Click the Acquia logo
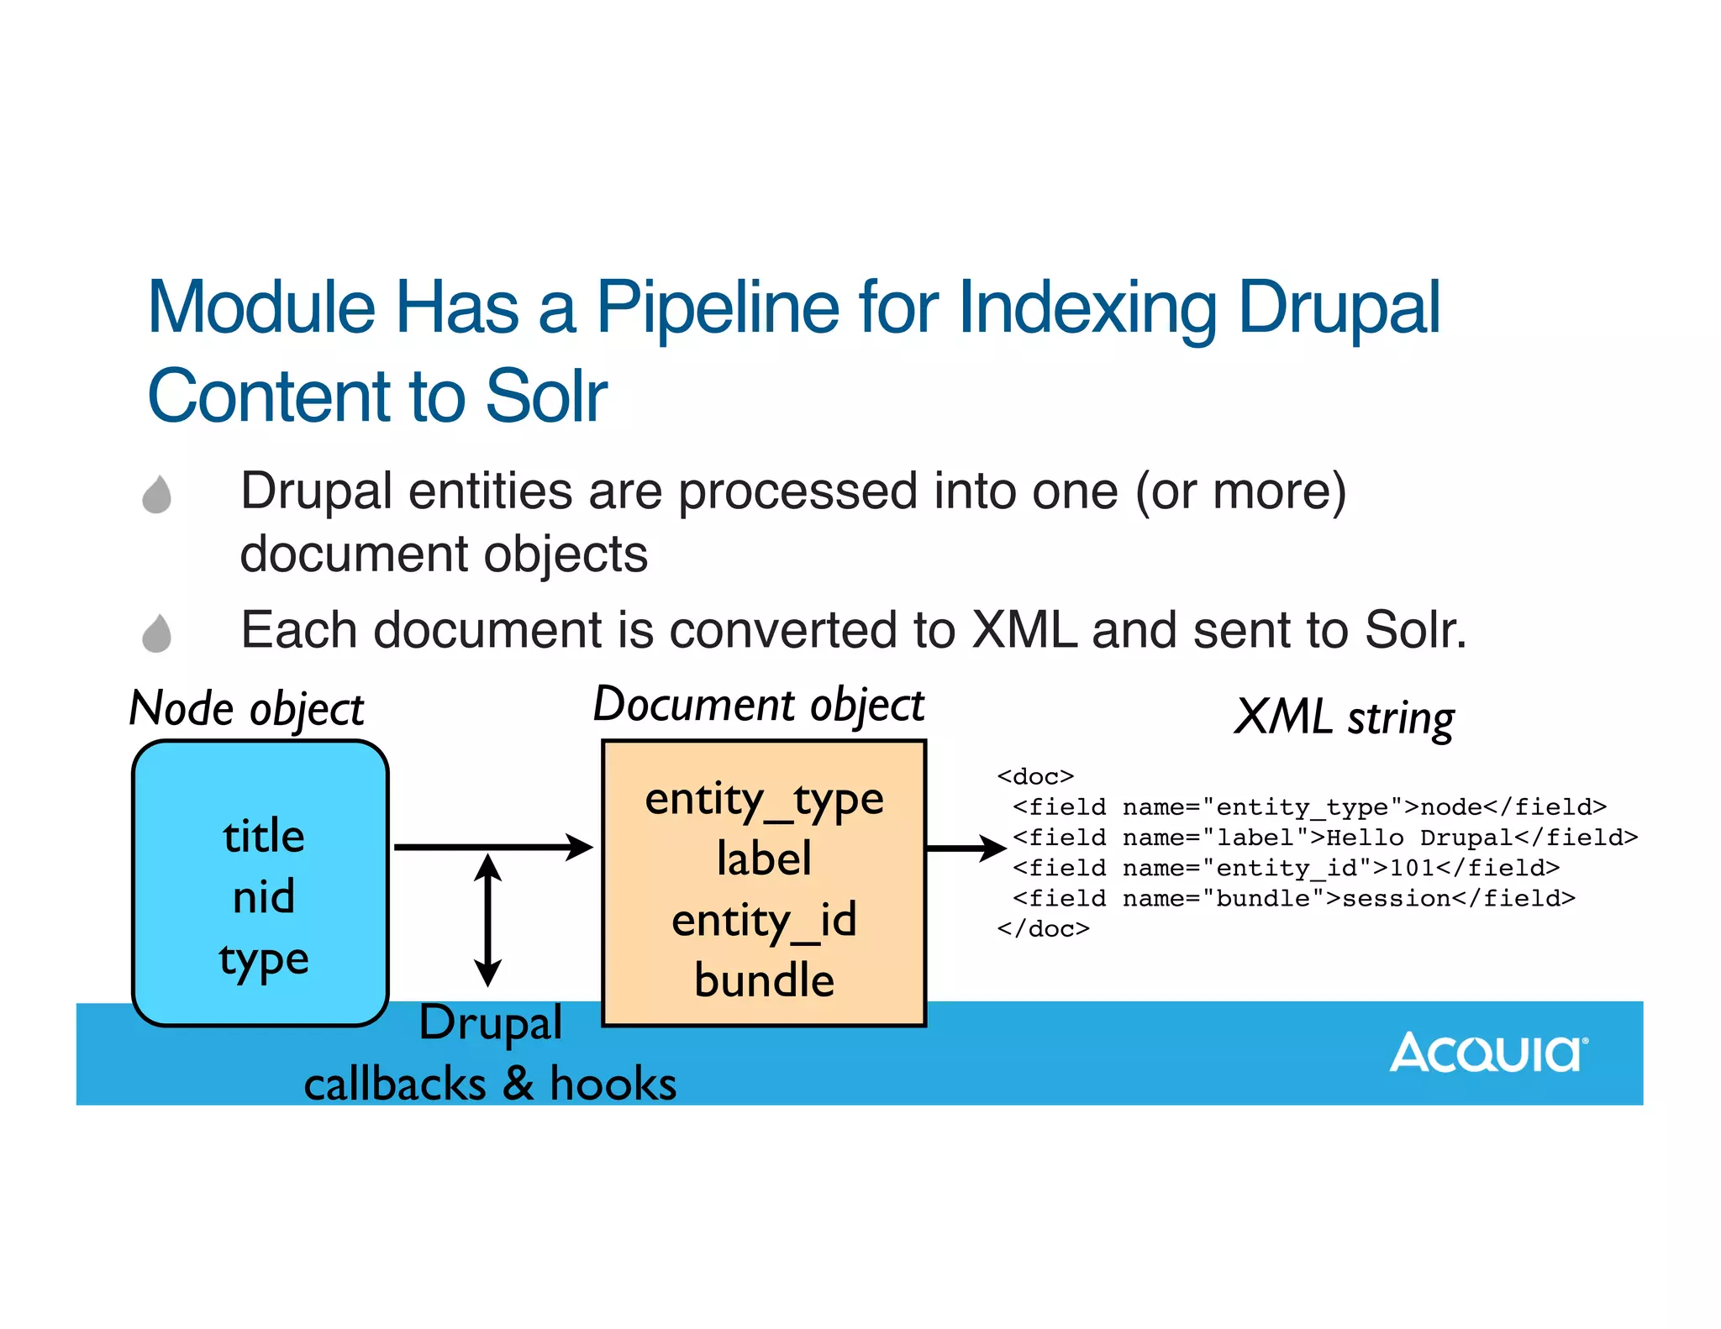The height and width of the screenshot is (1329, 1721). click(1487, 1053)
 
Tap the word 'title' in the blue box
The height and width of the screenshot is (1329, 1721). click(264, 837)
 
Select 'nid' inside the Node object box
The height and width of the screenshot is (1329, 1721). click(264, 897)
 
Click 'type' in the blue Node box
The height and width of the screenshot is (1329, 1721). click(264, 959)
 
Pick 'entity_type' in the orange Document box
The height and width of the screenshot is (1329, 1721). click(764, 799)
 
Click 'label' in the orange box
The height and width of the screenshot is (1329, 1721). click(764, 859)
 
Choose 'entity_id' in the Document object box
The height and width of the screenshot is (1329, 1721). click(764, 921)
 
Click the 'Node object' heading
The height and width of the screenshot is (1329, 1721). click(246, 709)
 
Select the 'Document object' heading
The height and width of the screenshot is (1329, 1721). click(758, 705)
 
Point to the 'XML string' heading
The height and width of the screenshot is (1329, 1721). click(1345, 718)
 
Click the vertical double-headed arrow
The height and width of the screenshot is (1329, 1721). click(487, 920)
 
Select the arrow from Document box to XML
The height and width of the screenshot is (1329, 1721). click(966, 848)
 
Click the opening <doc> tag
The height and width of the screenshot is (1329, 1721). click(1035, 776)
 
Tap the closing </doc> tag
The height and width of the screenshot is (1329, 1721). click(1043, 929)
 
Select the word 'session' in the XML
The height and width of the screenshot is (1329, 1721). click(1396, 899)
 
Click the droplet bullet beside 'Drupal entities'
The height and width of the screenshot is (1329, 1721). click(157, 494)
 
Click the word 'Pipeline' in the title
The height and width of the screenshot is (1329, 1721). click(718, 308)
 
